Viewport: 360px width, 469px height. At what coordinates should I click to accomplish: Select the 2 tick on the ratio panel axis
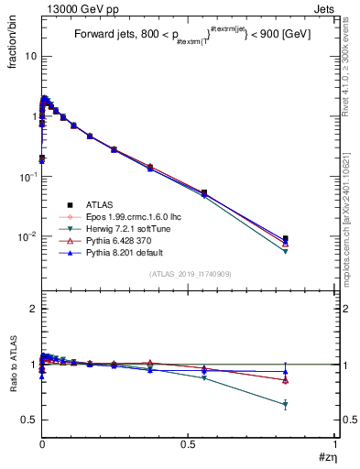32,309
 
